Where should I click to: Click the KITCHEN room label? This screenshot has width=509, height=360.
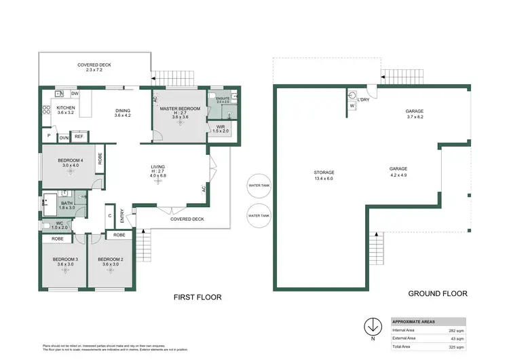tap(66, 108)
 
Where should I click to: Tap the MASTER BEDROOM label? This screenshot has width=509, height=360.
tap(179, 109)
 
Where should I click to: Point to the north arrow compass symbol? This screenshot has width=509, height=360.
tap(372, 325)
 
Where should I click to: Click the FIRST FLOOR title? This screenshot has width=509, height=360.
tap(197, 297)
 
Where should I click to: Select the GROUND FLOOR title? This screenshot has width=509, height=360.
tap(437, 294)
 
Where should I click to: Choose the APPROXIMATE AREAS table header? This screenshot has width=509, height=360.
tap(415, 321)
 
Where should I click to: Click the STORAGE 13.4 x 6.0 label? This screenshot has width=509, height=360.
tap(323, 173)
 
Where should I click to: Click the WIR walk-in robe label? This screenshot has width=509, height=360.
tap(220, 126)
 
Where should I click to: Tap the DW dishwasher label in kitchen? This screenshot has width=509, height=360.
tap(75, 94)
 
